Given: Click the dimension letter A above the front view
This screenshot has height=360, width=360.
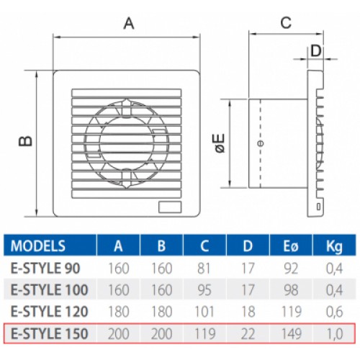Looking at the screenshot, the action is (x=129, y=24).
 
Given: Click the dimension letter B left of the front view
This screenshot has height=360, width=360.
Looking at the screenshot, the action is (x=25, y=141).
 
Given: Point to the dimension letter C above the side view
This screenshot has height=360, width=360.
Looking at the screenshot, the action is (x=286, y=23).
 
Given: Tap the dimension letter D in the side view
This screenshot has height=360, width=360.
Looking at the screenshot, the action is (x=316, y=51).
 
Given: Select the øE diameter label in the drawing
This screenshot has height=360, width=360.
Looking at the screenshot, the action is (x=220, y=143).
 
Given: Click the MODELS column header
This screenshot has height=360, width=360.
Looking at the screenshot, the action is (x=38, y=246).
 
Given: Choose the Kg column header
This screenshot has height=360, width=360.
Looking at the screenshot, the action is (x=334, y=246).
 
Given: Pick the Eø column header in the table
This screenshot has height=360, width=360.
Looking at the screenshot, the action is (x=291, y=246).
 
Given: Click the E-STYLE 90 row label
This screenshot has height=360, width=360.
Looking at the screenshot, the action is (x=45, y=268).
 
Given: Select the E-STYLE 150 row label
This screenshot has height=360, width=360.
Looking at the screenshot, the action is (x=50, y=333).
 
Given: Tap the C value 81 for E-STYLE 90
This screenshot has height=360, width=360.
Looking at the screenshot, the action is (x=204, y=268).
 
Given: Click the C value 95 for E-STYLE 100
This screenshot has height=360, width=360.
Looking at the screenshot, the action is (x=204, y=290).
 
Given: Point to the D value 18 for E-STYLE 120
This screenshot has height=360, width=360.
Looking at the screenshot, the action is (x=248, y=312).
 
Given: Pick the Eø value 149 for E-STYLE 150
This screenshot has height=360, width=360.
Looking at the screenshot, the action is (x=291, y=333).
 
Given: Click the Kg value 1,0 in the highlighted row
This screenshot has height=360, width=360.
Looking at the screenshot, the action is (x=334, y=334).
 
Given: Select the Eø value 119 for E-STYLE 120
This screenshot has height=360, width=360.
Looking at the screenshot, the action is (x=291, y=312).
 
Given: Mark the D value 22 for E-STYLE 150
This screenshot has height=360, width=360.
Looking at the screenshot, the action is (x=248, y=333).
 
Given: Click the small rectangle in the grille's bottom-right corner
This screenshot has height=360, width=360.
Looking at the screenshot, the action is (x=170, y=207).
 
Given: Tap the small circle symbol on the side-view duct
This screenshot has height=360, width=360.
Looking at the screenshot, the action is (x=261, y=143).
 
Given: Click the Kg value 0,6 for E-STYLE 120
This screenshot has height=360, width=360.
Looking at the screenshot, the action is (x=334, y=312).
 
